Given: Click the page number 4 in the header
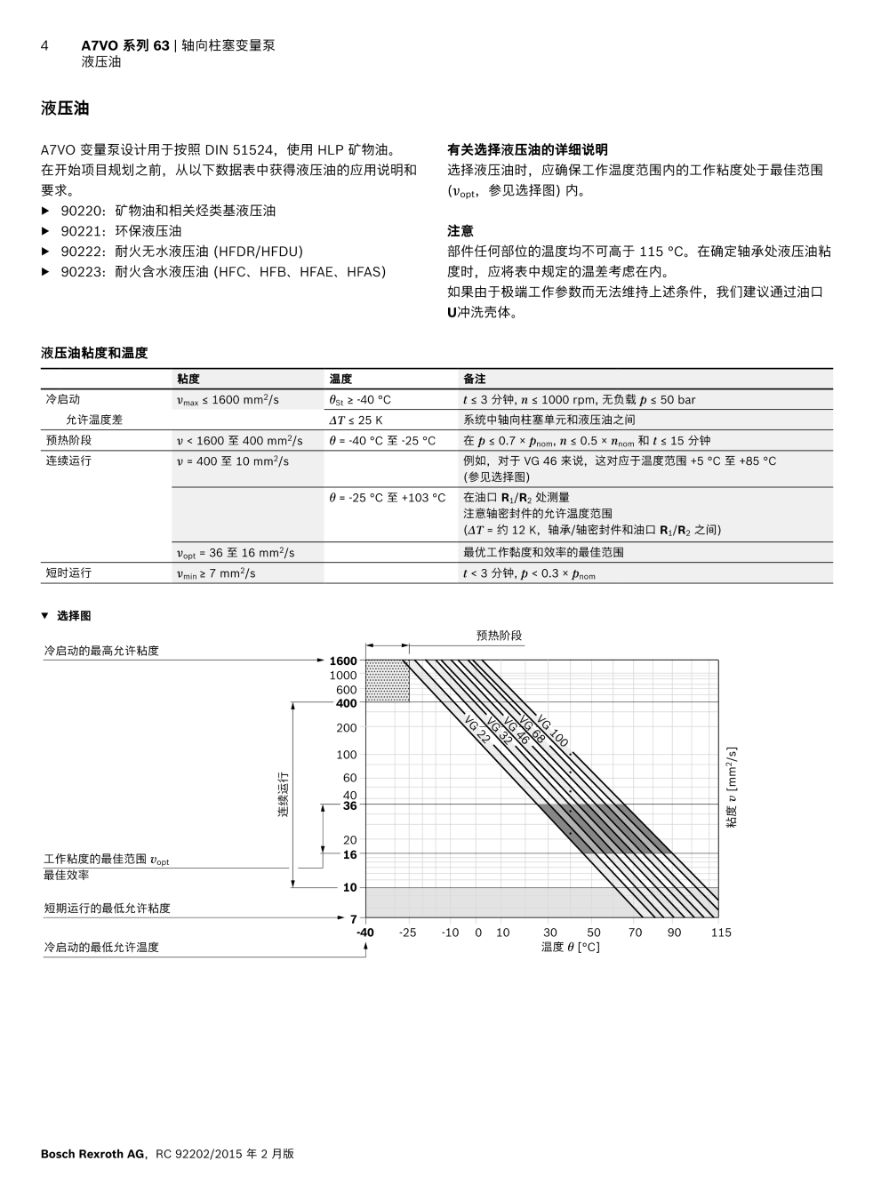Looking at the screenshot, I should pyautogui.click(x=44, y=45).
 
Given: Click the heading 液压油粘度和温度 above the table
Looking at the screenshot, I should pyautogui.click(x=94, y=353).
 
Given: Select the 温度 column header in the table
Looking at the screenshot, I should pyautogui.click(x=340, y=379).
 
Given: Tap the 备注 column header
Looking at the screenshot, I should pyautogui.click(x=474, y=379).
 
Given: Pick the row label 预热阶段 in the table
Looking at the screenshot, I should pyautogui.click(x=68, y=440).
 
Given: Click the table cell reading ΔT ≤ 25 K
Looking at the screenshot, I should pyautogui.click(x=356, y=420).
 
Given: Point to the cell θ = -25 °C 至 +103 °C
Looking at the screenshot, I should pyautogui.click(x=388, y=498).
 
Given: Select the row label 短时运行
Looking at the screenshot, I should pyautogui.click(x=68, y=573).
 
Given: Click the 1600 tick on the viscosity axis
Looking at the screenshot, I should pyautogui.click(x=342, y=661).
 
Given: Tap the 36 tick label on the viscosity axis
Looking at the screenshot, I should pyautogui.click(x=349, y=806).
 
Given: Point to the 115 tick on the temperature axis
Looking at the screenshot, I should pyautogui.click(x=721, y=933).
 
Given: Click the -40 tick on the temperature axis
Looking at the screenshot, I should pyautogui.click(x=365, y=933).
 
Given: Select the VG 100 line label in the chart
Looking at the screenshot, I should pyautogui.click(x=552, y=732).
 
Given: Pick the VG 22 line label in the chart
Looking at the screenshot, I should pyautogui.click(x=477, y=734).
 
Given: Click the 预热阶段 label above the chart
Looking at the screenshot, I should pyautogui.click(x=499, y=636).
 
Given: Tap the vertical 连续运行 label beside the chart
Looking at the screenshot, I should pyautogui.click(x=284, y=794).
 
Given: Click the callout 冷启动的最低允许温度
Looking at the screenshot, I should pyautogui.click(x=101, y=948).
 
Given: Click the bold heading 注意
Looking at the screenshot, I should pyautogui.click(x=460, y=231).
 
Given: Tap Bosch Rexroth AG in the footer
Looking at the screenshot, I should pyautogui.click(x=92, y=1154).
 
